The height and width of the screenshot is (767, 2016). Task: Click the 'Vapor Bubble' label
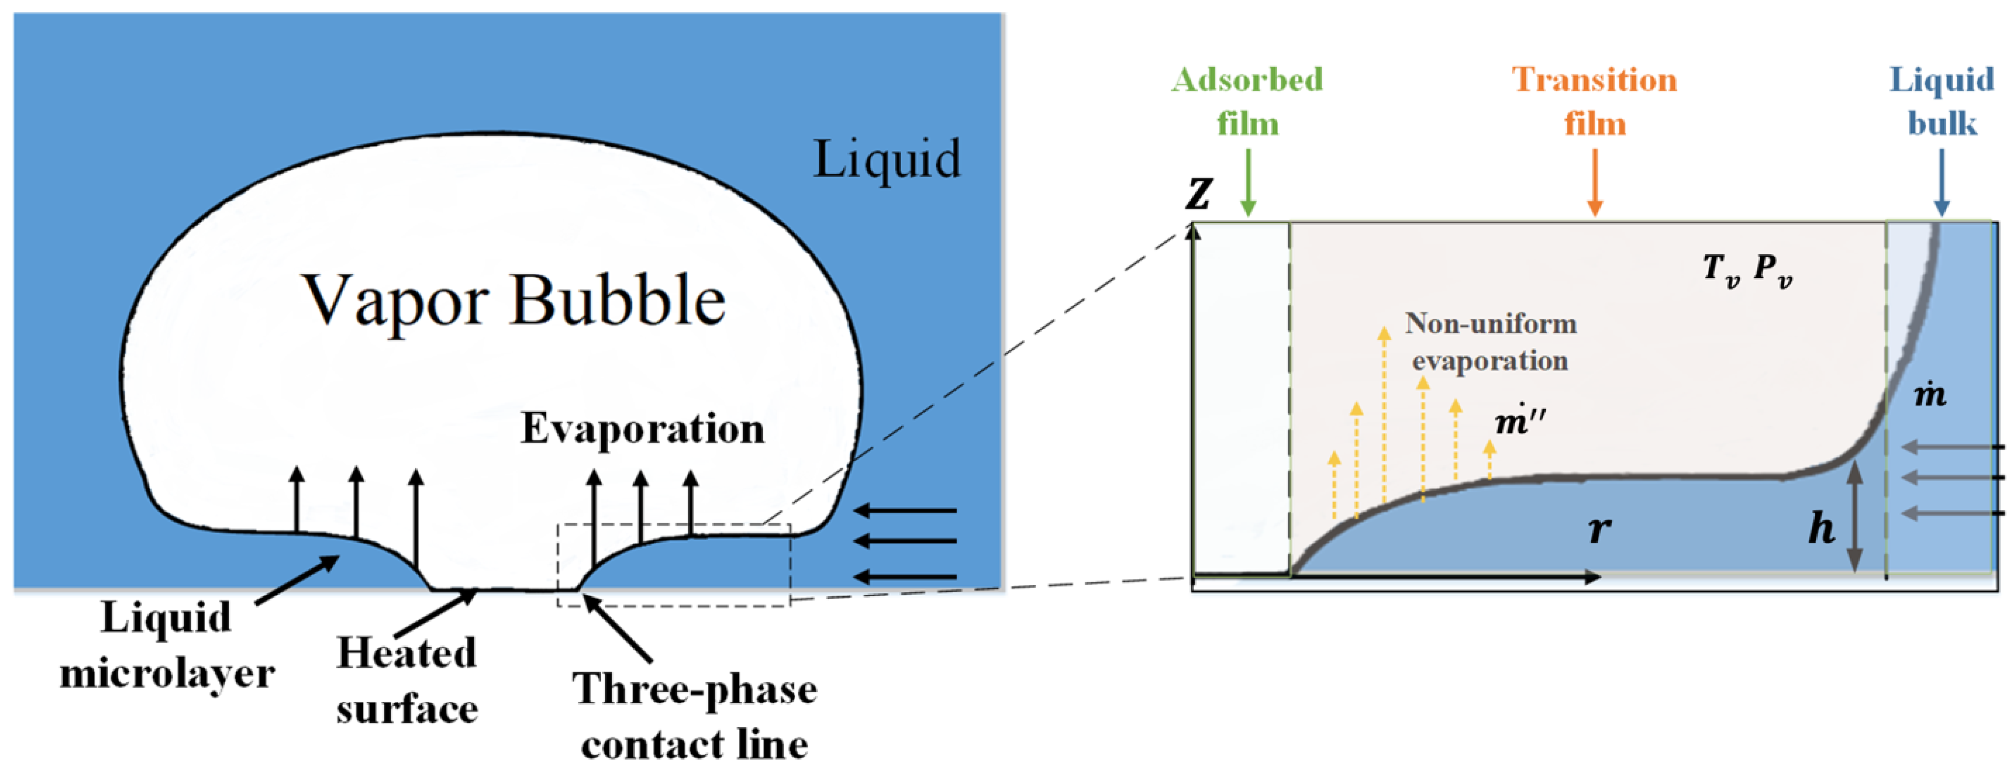pos(513,300)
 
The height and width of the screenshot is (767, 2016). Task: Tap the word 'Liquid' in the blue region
pos(887,159)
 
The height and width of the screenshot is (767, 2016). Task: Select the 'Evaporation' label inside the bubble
pos(642,429)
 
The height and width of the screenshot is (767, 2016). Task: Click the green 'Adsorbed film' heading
pos(1247,102)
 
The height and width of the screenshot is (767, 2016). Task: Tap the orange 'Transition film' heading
pos(1594,102)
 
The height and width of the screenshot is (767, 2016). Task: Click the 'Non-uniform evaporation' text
pos(1490,342)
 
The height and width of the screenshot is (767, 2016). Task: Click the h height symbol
pos(1821,529)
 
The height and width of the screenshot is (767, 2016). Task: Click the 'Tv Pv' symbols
pos(1747,270)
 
